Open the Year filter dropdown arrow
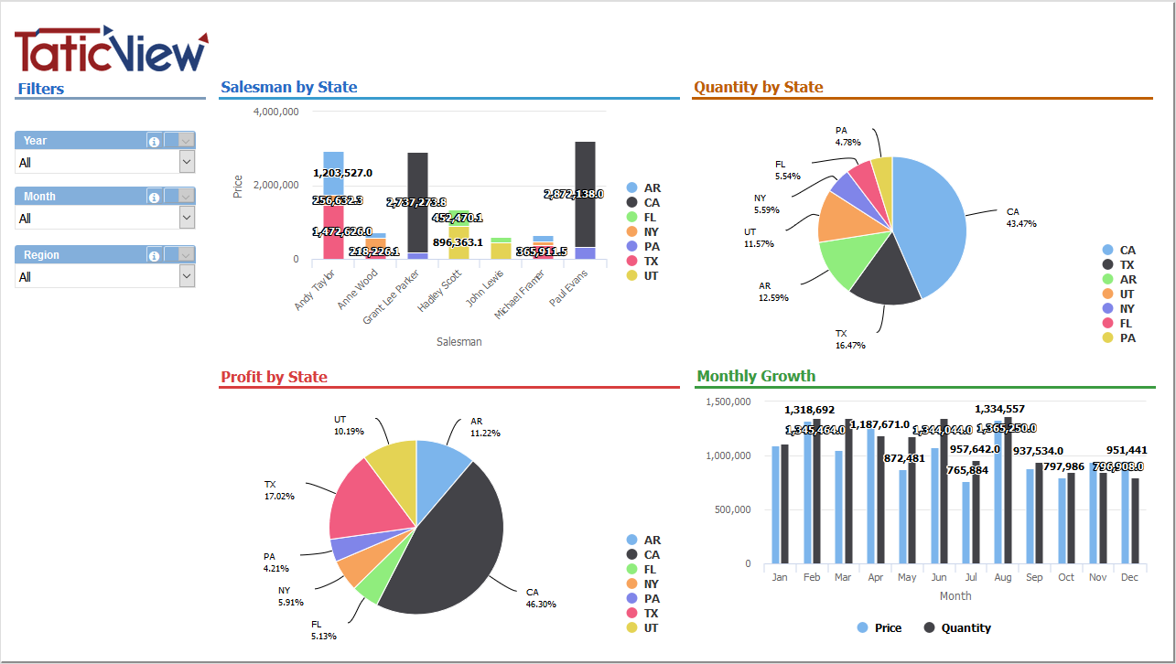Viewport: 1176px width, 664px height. [x=187, y=162]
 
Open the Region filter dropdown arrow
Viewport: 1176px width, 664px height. [x=187, y=276]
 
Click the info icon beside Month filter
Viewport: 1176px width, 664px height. [x=154, y=197]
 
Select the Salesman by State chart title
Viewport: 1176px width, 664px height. [x=289, y=88]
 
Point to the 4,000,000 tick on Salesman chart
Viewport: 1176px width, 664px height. [x=275, y=112]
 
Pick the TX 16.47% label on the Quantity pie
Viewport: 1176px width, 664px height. [x=849, y=339]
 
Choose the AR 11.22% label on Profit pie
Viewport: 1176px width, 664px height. [x=484, y=427]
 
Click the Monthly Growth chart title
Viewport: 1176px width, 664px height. [x=756, y=376]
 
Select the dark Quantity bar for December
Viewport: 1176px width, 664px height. [x=1135, y=520]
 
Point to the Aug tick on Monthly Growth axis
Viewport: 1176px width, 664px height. [x=1002, y=577]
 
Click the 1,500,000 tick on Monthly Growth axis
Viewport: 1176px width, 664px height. [x=728, y=402]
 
